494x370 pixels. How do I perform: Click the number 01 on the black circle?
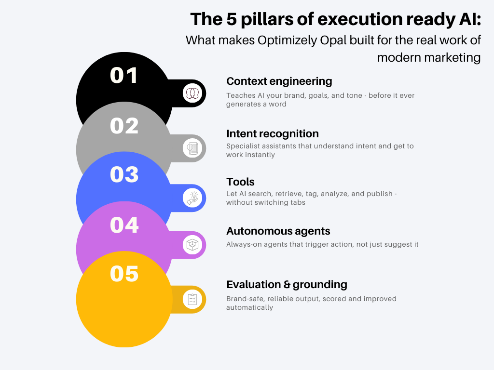tap(124, 76)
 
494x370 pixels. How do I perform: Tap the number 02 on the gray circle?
tap(124, 126)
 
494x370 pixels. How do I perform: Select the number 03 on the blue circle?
tap(124, 174)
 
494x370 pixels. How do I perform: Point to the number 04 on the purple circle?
tap(124, 225)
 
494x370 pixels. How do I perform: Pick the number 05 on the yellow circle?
tap(124, 274)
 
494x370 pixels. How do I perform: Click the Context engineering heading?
tap(279, 81)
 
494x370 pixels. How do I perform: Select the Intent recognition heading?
tap(273, 134)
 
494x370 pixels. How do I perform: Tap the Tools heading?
tap(240, 182)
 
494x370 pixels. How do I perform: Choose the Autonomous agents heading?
tap(278, 231)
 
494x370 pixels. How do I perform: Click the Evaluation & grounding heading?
tap(287, 285)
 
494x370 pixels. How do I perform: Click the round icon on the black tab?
tap(192, 93)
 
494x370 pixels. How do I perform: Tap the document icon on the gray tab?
tap(192, 148)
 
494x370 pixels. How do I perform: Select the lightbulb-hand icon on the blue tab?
tap(192, 198)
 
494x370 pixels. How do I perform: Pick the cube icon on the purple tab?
tap(192, 245)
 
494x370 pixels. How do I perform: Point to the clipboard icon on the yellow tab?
tap(192, 299)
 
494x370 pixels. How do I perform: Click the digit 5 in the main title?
tap(232, 19)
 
